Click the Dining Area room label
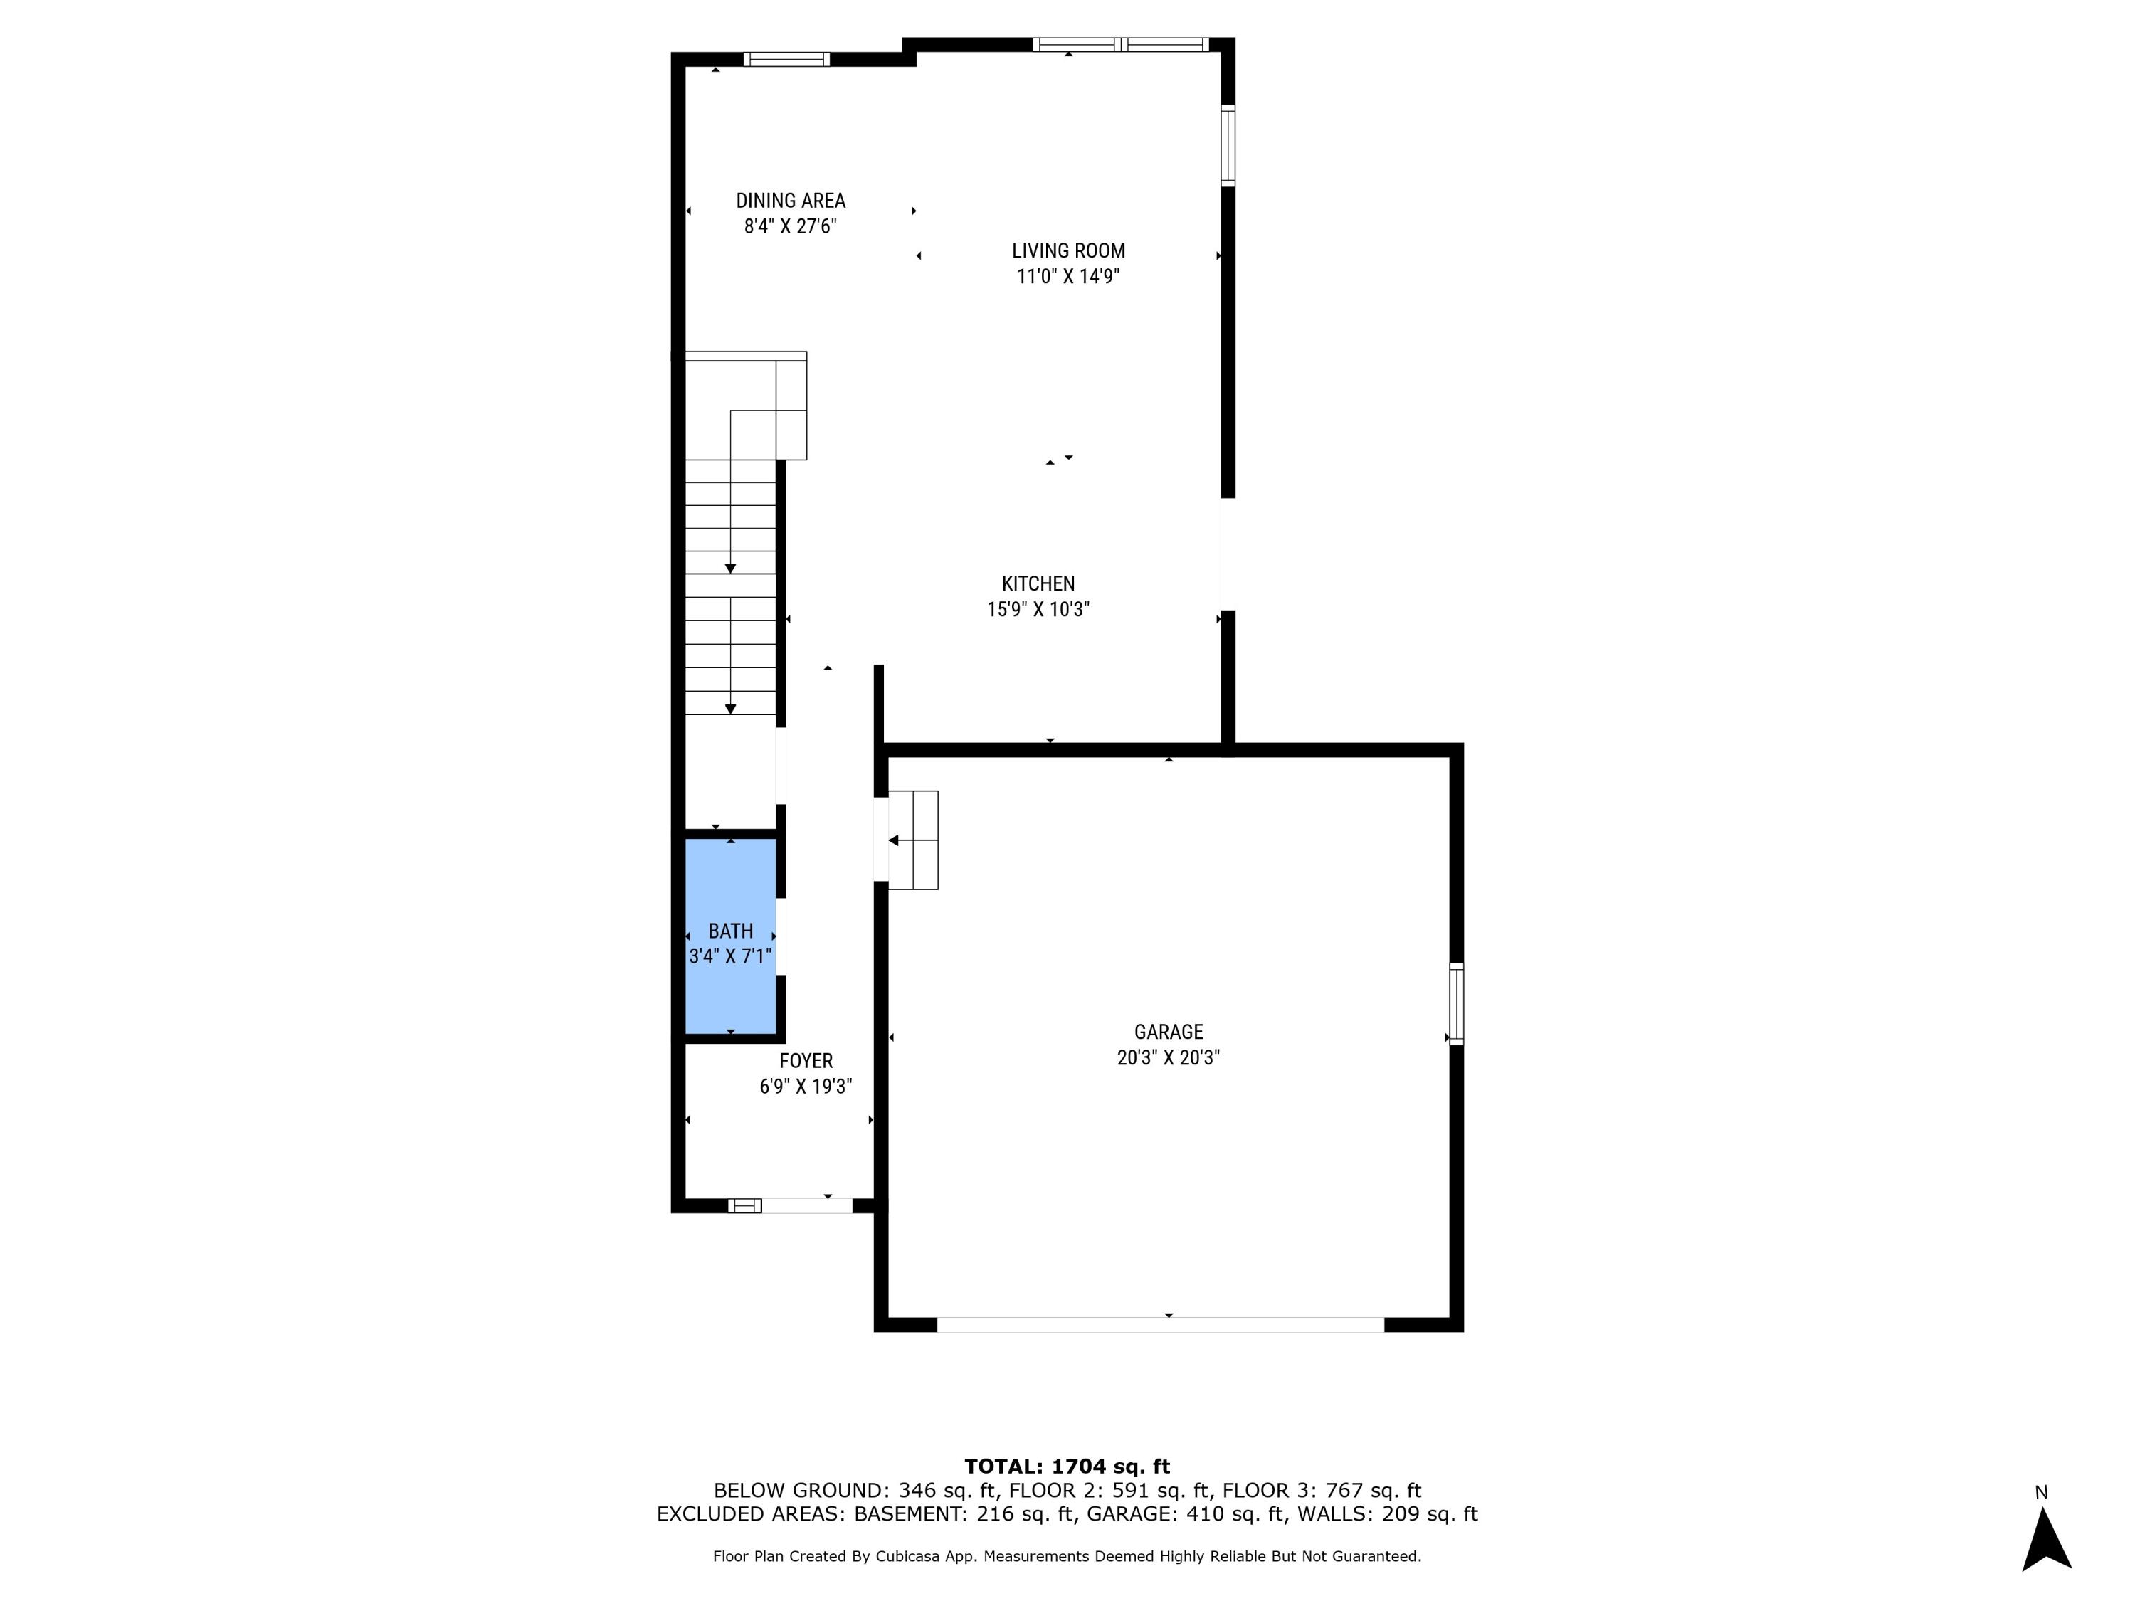(x=791, y=201)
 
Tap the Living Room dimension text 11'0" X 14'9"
(x=1067, y=277)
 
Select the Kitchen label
(x=1038, y=584)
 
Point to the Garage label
(x=1168, y=1032)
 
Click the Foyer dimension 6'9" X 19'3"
(x=805, y=1087)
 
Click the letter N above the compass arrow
(x=2041, y=1493)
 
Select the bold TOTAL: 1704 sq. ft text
(x=1067, y=1467)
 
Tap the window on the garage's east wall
(x=1457, y=1003)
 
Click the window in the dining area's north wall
(x=786, y=59)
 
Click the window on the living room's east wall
(x=1228, y=144)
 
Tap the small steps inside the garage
(x=913, y=840)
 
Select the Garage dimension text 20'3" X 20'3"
(x=1168, y=1057)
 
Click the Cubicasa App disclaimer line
(x=1067, y=1557)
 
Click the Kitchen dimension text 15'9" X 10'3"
(x=1038, y=610)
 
